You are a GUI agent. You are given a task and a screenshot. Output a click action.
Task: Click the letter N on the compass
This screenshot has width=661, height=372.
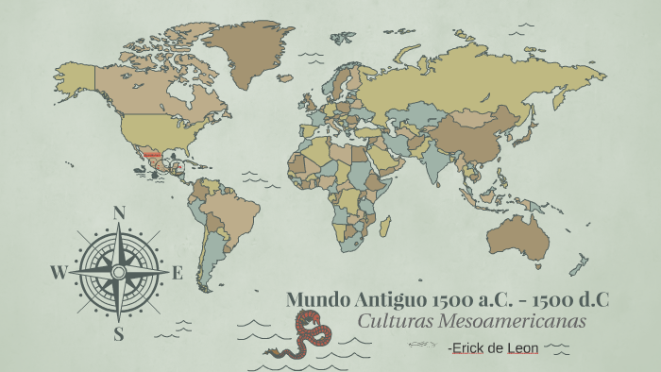[119, 212]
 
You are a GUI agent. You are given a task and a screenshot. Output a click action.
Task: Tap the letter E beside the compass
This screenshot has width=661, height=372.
[177, 274]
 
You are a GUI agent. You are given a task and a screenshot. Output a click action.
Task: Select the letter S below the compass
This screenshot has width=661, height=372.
[119, 332]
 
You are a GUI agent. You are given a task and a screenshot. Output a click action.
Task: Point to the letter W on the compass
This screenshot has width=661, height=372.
[59, 274]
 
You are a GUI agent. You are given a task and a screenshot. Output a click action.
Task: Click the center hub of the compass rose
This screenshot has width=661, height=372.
[119, 272]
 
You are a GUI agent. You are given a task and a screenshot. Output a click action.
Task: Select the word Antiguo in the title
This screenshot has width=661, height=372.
[390, 300]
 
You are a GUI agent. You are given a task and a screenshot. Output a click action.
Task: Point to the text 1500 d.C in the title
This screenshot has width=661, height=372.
[571, 300]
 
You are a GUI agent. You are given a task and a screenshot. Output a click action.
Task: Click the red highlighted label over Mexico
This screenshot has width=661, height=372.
[151, 154]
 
